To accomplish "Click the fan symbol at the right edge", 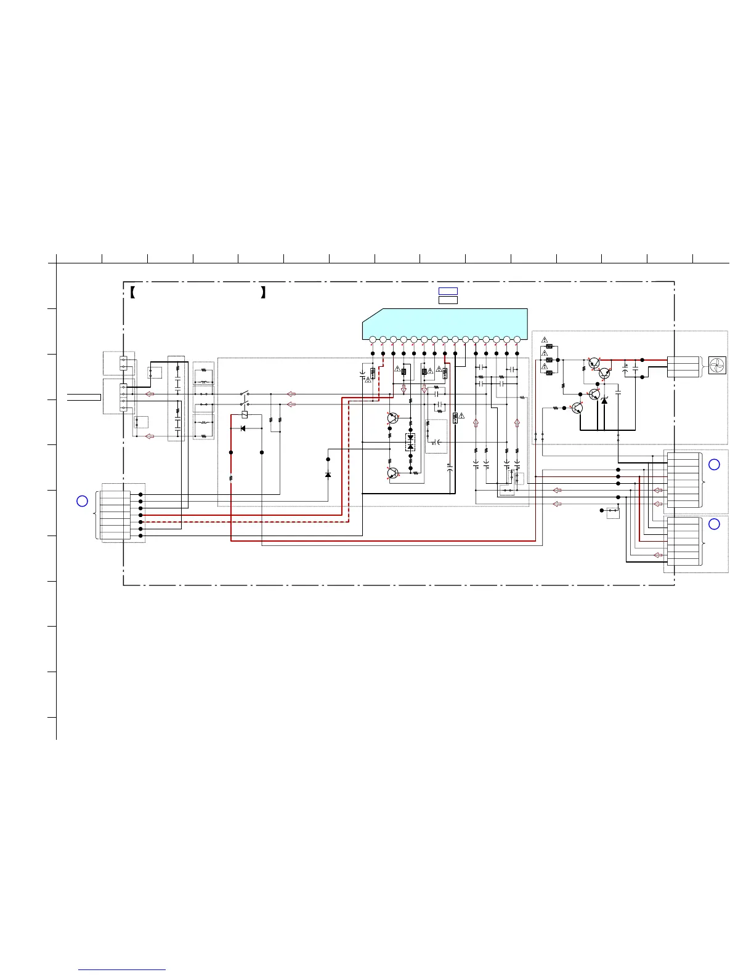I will coord(718,365).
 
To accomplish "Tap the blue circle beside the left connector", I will coord(82,501).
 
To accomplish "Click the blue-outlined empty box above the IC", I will coord(448,291).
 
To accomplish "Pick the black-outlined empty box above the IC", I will coord(448,300).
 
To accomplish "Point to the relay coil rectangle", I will coord(245,415).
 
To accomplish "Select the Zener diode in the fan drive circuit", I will coord(604,401).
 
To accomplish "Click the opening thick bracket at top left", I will coord(132,292).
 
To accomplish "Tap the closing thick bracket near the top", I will coord(263,292).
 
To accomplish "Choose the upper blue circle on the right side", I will coord(714,465).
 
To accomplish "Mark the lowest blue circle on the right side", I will coord(714,524).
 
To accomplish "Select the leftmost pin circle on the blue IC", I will coord(373,339).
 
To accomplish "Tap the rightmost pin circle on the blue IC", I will coord(517,339).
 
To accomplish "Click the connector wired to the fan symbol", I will coord(683,366).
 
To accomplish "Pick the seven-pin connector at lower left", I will coord(116,512).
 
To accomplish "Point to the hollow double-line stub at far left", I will coord(84,397).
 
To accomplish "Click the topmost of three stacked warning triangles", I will coord(545,340).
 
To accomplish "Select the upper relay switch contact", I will coord(245,393).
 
